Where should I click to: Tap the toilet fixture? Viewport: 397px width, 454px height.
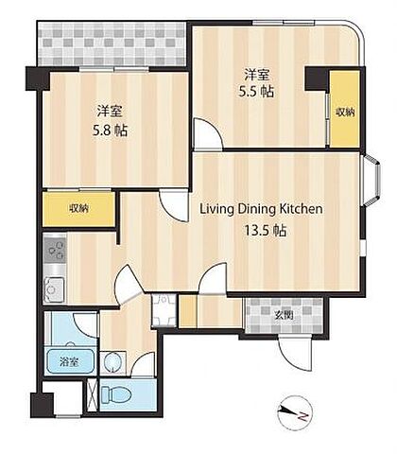116,394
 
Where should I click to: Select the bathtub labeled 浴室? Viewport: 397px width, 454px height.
70,361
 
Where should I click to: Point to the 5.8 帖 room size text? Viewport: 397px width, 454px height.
110,130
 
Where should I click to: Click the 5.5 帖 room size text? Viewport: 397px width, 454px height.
256,92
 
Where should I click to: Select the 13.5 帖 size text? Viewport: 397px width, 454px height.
266,231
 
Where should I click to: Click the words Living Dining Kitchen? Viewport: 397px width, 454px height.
261,209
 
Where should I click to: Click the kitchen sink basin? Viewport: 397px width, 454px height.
54,289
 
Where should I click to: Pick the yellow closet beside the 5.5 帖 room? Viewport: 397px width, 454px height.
345,109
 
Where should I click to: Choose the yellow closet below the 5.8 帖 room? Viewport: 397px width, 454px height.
78,209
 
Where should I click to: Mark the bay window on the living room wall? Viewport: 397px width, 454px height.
371,180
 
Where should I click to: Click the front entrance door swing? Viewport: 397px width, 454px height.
296,353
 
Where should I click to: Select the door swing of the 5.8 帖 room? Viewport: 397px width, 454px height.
174,205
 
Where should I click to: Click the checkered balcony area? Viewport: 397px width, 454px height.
112,44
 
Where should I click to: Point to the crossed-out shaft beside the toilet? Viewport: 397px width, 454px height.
93,394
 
